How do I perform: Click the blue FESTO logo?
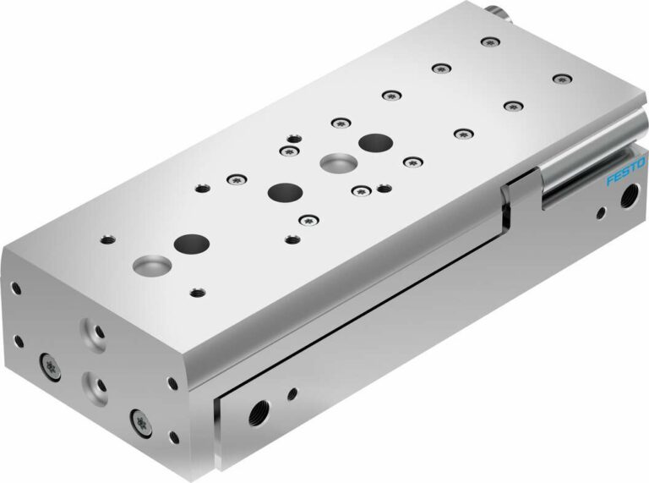click(x=626, y=169)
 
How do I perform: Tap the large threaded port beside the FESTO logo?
click(x=629, y=200)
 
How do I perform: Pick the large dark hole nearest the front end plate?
click(x=191, y=244)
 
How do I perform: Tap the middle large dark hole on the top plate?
click(x=285, y=192)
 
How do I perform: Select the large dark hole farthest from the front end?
click(x=374, y=143)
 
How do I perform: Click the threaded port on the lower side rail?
click(x=255, y=413)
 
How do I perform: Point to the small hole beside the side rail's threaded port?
click(x=292, y=392)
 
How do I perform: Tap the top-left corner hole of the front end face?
click(x=15, y=288)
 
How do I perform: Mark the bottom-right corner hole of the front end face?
click(x=173, y=437)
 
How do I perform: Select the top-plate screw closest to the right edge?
click(x=562, y=79)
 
